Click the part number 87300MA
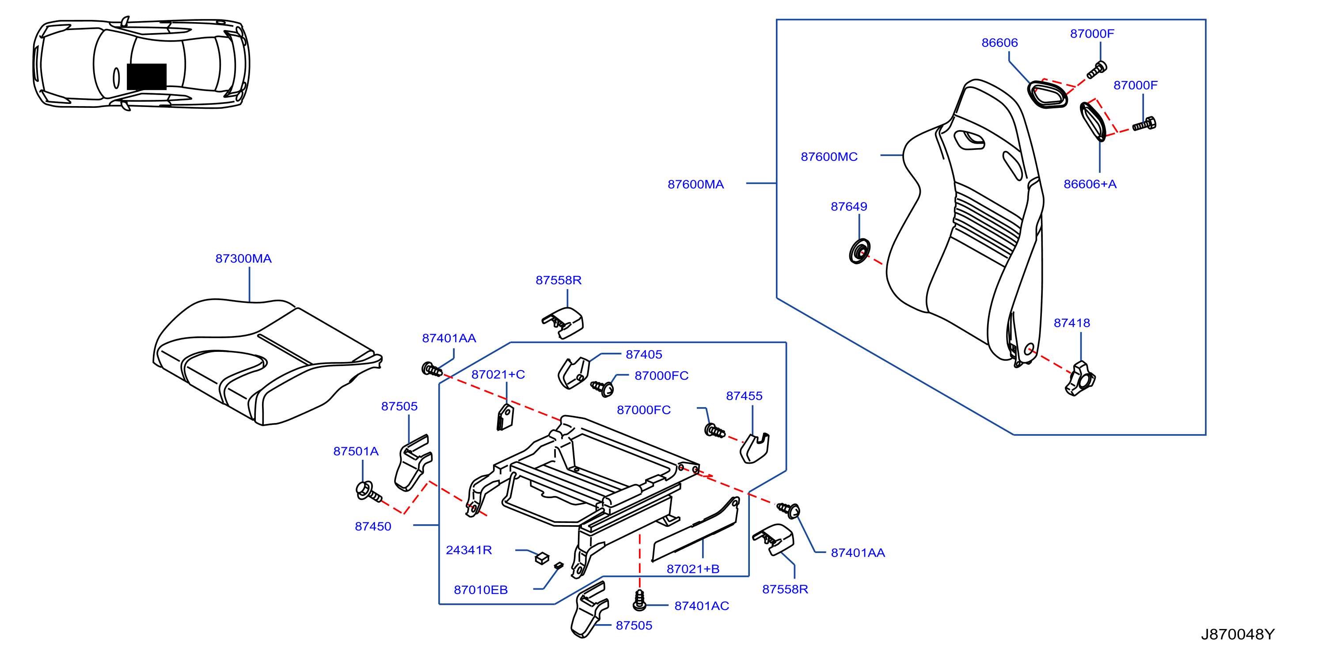[x=243, y=259]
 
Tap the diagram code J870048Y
[x=1238, y=634]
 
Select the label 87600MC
[x=829, y=156]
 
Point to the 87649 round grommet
[x=859, y=251]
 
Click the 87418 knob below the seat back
[x=1080, y=379]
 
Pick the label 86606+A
[x=1090, y=184]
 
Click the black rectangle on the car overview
[x=147, y=77]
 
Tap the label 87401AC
[x=702, y=606]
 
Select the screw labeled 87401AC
[x=639, y=600]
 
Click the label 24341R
[x=468, y=550]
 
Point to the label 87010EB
[x=480, y=590]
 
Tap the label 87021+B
[x=693, y=568]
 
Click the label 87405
[x=643, y=354]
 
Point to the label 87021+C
[x=498, y=374]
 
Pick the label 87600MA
[x=695, y=184]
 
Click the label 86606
[x=999, y=43]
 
